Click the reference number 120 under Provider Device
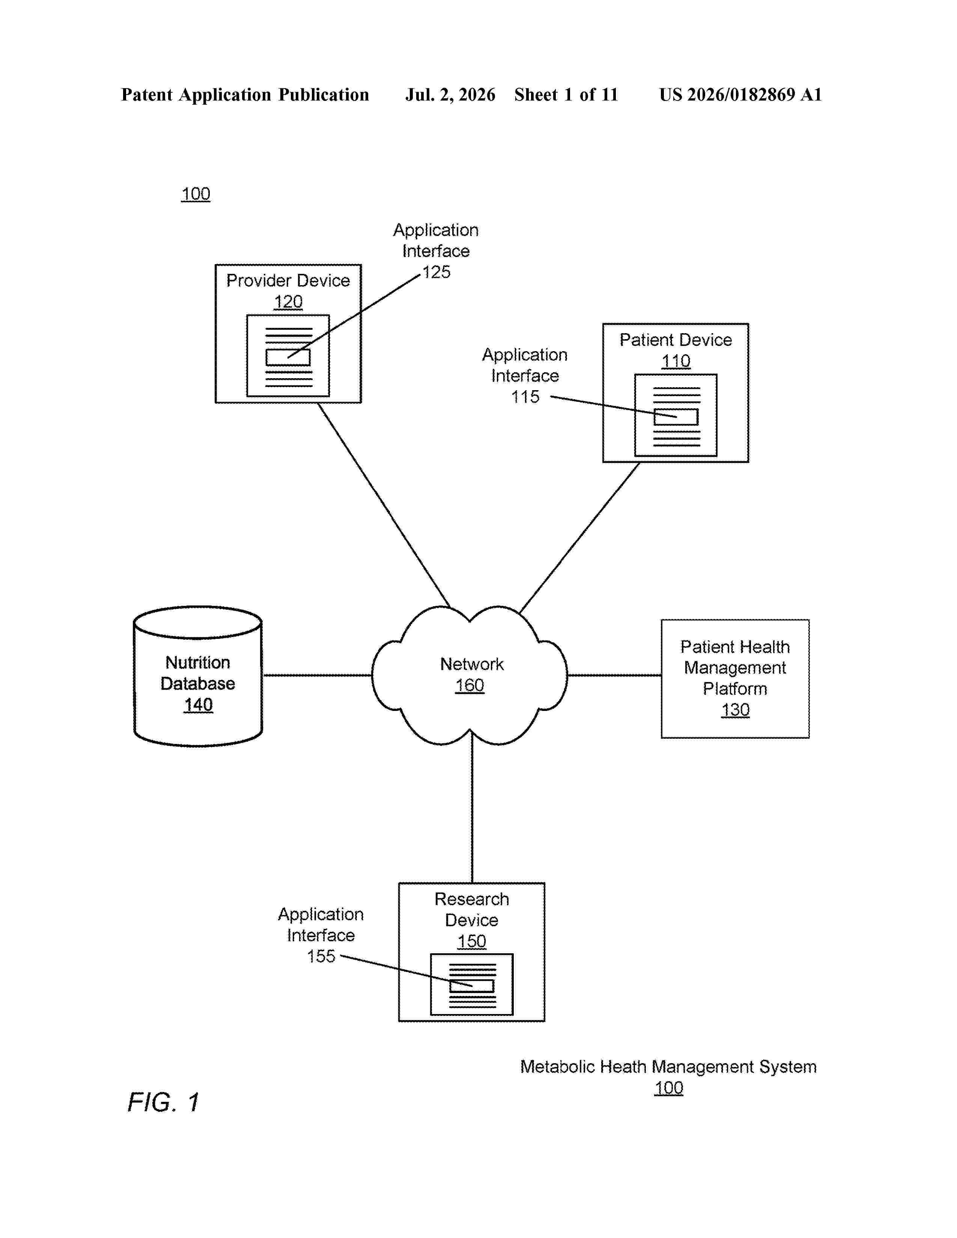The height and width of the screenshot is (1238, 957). click(x=288, y=302)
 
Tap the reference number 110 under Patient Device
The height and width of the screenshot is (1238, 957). click(x=676, y=361)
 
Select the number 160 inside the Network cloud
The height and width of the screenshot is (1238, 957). click(x=470, y=685)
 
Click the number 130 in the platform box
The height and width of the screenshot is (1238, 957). click(x=735, y=710)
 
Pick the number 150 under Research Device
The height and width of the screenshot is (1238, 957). click(x=472, y=941)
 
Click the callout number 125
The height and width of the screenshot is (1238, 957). click(x=436, y=272)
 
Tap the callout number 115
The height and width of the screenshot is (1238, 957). click(x=525, y=397)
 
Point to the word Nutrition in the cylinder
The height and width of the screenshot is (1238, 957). click(x=198, y=662)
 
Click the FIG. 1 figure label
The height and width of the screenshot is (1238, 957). click(x=163, y=1102)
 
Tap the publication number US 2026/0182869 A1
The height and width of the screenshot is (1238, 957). click(x=740, y=95)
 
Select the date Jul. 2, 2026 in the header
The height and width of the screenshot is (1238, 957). click(x=450, y=95)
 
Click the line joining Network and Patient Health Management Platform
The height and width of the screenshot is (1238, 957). click(x=614, y=675)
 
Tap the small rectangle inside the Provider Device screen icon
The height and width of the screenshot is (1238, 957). click(x=288, y=357)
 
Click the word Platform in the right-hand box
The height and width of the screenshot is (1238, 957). click(x=735, y=689)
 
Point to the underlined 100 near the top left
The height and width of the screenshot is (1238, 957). click(x=196, y=194)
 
